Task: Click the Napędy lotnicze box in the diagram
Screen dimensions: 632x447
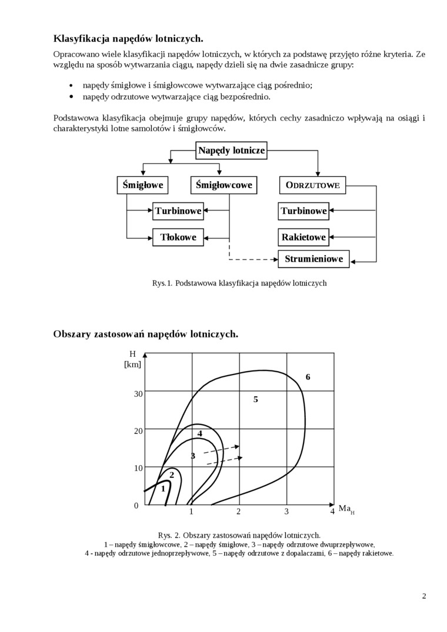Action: (x=232, y=151)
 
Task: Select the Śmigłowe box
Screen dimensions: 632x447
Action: (x=142, y=185)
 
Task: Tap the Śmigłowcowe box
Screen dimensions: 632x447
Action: (x=223, y=185)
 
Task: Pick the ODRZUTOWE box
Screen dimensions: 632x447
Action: (x=312, y=185)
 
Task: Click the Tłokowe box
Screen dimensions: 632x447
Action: (x=178, y=238)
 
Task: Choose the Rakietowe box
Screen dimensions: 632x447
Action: (x=303, y=238)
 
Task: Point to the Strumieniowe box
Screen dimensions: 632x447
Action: (x=313, y=259)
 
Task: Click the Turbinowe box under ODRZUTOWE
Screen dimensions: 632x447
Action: (x=303, y=211)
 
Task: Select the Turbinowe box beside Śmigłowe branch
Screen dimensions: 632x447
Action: (x=178, y=211)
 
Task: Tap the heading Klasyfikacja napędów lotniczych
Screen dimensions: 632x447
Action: (x=128, y=39)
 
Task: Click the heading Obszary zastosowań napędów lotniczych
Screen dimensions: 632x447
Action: (x=146, y=334)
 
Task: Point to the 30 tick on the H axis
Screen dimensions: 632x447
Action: (x=138, y=393)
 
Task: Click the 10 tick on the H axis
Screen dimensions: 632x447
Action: (x=138, y=468)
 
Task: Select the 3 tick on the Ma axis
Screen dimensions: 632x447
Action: (x=286, y=511)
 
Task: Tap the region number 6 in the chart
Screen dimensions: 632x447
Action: (x=308, y=377)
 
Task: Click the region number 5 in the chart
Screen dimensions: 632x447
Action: (x=256, y=400)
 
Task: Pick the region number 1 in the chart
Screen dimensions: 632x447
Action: (x=163, y=489)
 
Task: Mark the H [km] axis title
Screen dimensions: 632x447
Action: (x=133, y=359)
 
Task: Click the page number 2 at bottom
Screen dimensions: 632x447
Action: (x=424, y=596)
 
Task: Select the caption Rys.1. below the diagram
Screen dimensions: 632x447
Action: (x=239, y=283)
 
